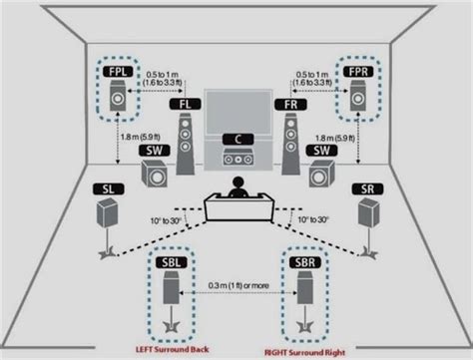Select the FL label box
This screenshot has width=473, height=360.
[186, 103]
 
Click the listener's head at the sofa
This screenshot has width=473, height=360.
[236, 184]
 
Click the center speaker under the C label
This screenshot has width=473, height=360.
[236, 156]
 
